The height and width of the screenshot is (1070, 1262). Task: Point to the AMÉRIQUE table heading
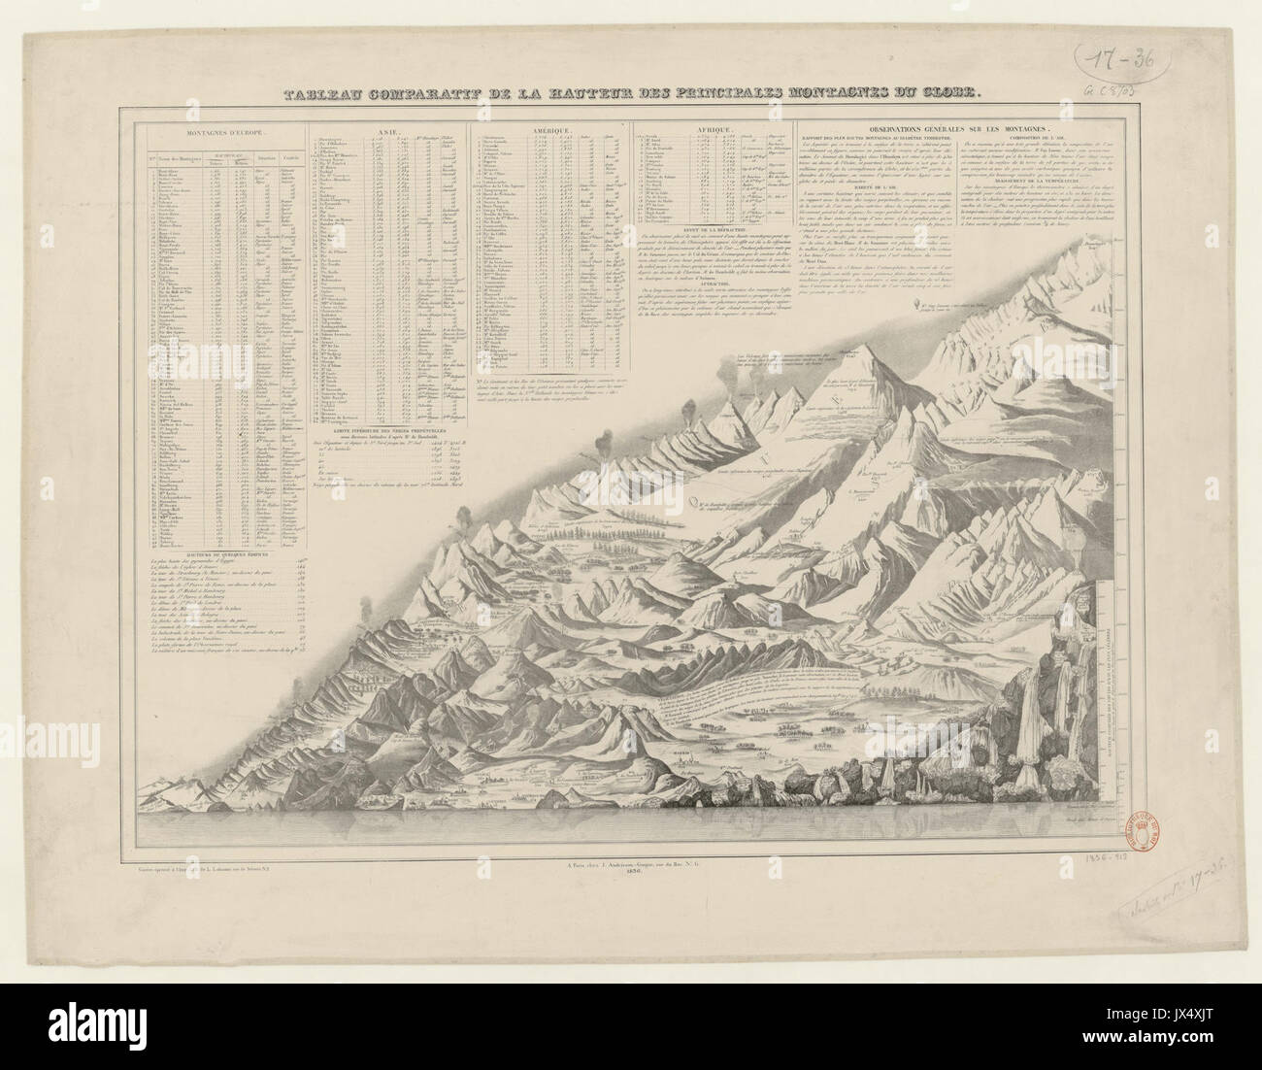click(x=549, y=127)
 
